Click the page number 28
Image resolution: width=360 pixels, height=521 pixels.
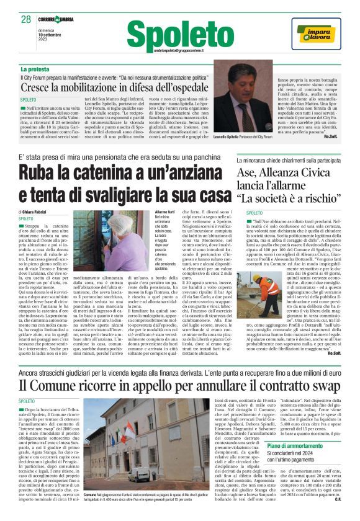coord(25,20)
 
